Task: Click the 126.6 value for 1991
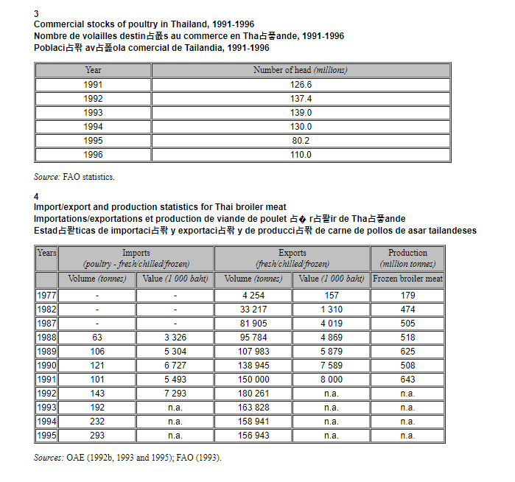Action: coord(301,85)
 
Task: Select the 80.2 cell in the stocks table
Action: coord(301,141)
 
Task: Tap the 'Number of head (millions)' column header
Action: coord(301,70)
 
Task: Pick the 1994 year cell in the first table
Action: coord(94,127)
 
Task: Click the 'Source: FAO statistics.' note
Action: coord(74,177)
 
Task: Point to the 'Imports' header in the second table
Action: coord(136,258)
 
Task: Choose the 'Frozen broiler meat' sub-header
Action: coord(407,279)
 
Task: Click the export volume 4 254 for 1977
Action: coord(253,296)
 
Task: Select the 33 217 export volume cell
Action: coord(253,310)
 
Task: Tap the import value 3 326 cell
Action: coord(175,338)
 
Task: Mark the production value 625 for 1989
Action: coord(407,352)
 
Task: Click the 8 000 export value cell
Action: coord(331,380)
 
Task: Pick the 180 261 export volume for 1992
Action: coord(253,394)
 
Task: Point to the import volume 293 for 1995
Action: coord(97,436)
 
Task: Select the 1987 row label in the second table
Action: coord(46,324)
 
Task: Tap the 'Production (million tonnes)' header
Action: coord(407,258)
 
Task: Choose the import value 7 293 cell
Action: coord(175,394)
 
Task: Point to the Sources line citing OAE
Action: coord(127,458)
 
